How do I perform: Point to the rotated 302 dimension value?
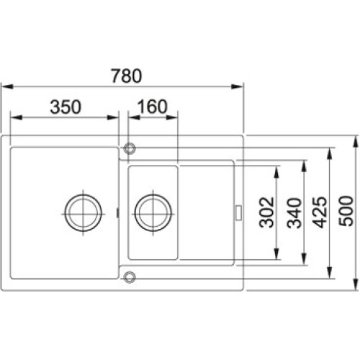pyautogui.click(x=266, y=212)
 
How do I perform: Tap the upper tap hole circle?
pyautogui.click(x=130, y=148)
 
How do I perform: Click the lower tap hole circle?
pyautogui.click(x=130, y=276)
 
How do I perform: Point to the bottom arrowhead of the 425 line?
pyautogui.click(x=330, y=276)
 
